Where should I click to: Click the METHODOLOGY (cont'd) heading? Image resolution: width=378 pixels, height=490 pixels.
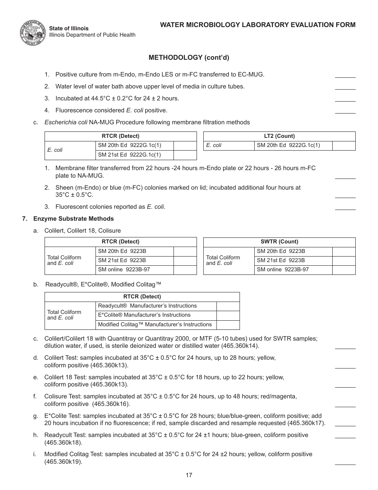click(x=189, y=57)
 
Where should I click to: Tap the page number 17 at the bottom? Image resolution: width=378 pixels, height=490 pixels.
click(x=189, y=475)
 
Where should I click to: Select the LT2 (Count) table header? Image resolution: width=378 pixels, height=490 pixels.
click(x=279, y=136)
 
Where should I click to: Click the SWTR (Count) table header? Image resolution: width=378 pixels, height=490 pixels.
click(x=279, y=242)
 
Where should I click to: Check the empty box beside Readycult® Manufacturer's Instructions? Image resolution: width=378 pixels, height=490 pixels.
click(x=228, y=306)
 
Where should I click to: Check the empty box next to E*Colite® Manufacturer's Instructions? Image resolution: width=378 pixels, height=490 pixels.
click(x=228, y=315)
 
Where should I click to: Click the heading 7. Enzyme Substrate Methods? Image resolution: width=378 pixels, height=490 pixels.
click(x=68, y=219)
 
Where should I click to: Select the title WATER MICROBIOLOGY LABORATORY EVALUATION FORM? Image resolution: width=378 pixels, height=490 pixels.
click(x=257, y=25)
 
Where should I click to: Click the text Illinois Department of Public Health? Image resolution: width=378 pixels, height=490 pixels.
click(x=92, y=35)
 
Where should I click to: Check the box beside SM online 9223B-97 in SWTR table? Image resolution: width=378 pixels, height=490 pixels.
click(x=343, y=270)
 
